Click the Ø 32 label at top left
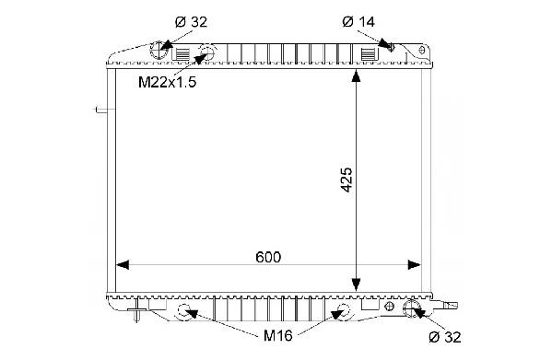pos(191,22)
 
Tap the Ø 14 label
pos(358,22)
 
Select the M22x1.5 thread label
pos(167,82)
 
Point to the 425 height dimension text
pos(346,180)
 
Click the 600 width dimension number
pos(268,257)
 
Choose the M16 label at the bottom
pos(278,336)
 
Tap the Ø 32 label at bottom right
pos(445,337)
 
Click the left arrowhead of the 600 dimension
pos(123,265)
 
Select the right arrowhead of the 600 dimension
pos(414,265)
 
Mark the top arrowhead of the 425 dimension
pos(357,76)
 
